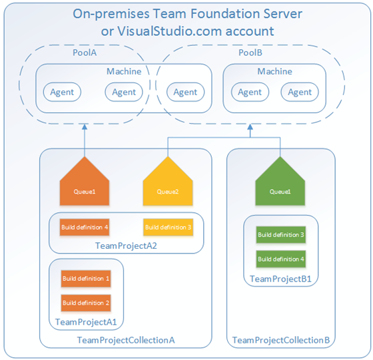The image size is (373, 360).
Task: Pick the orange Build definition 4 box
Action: [85, 227]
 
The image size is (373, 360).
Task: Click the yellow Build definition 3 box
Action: [168, 227]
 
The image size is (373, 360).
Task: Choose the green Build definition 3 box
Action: [280, 235]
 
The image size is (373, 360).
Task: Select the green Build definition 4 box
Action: [280, 259]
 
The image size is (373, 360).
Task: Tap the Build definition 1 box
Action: [86, 279]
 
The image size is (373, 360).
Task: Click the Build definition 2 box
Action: [86, 303]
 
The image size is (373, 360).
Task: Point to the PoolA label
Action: [85, 53]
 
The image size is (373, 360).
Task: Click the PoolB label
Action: [250, 53]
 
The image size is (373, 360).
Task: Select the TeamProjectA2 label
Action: [126, 246]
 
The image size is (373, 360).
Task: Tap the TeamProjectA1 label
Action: [86, 322]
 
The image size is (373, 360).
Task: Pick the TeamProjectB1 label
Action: [280, 279]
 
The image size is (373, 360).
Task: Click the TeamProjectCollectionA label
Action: [126, 340]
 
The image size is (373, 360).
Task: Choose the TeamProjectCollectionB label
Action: [281, 340]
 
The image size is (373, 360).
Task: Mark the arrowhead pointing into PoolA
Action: [85, 126]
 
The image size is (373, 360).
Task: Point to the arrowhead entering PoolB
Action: [250, 126]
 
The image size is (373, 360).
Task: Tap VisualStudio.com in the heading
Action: [169, 31]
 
